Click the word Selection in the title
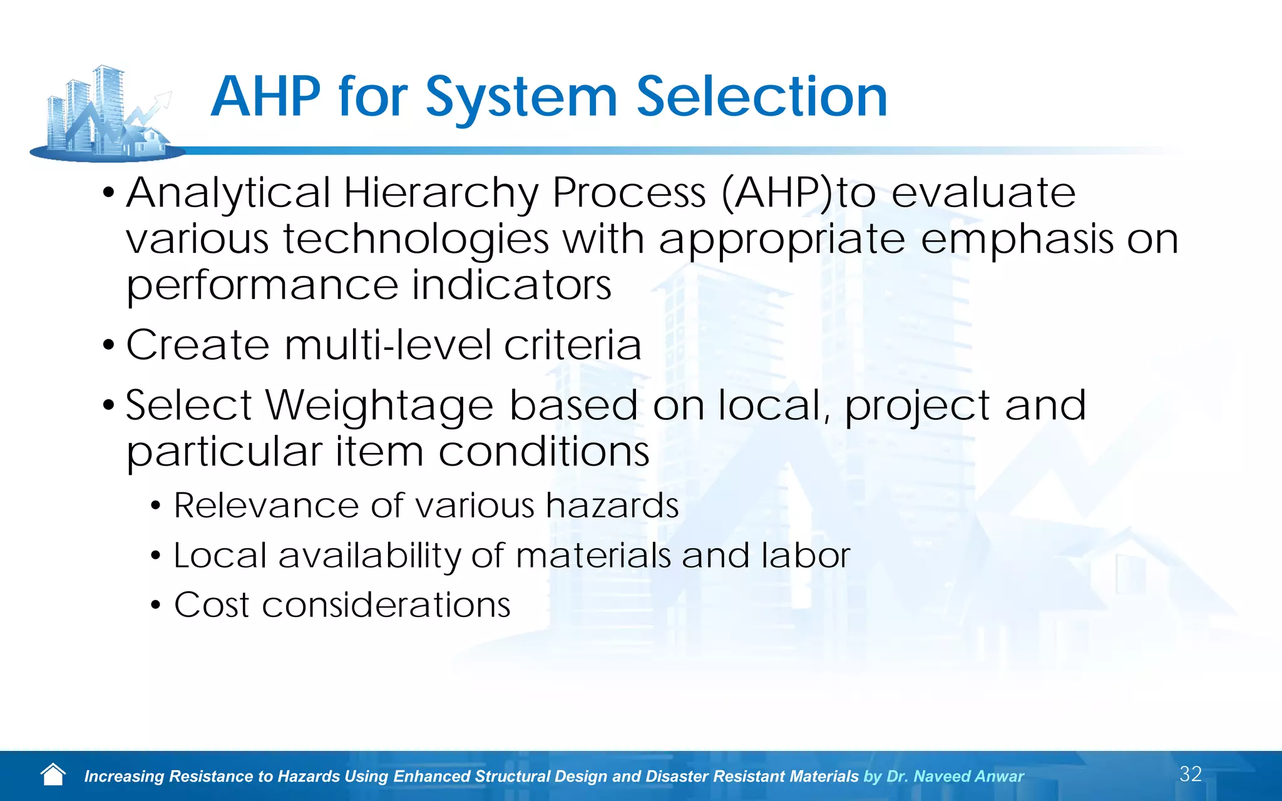tap(762, 97)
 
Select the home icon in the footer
tap(53, 775)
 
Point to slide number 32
tap(1191, 774)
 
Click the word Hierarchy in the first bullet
tap(441, 193)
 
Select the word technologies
tap(416, 240)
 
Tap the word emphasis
tap(1017, 239)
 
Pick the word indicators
tap(511, 285)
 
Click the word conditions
tap(543, 452)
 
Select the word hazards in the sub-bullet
tap(612, 506)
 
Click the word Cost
tap(212, 605)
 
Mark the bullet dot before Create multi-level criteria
tap(109, 345)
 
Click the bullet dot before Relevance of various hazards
tap(156, 506)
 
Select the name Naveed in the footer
tap(941, 777)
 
